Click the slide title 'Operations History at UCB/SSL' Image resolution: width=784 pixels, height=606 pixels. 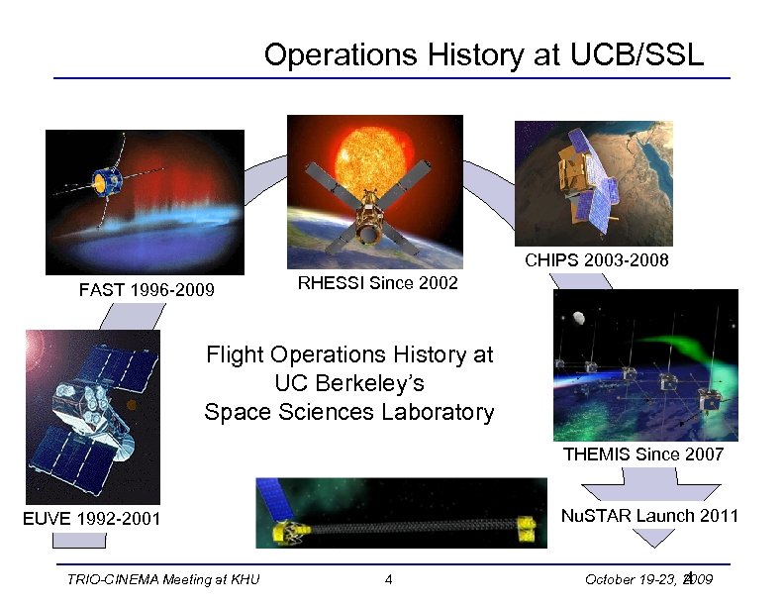point(484,55)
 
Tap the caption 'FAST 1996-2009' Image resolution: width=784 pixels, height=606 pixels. point(147,291)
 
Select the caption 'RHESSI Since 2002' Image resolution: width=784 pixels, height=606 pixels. point(378,284)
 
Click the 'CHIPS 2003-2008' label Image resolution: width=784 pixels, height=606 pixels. point(596,260)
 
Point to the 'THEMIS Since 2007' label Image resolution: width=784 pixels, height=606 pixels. point(643,454)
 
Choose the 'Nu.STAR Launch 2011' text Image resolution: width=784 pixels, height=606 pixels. point(649,516)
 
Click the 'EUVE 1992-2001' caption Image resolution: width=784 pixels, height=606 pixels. point(92,518)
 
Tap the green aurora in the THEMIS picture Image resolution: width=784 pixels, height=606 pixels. point(693,353)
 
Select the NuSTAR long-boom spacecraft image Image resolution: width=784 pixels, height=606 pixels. point(401,513)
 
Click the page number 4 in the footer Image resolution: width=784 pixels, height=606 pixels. point(390,579)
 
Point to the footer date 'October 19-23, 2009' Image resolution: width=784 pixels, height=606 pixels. point(656,579)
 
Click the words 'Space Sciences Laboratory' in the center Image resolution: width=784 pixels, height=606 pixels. point(348,412)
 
